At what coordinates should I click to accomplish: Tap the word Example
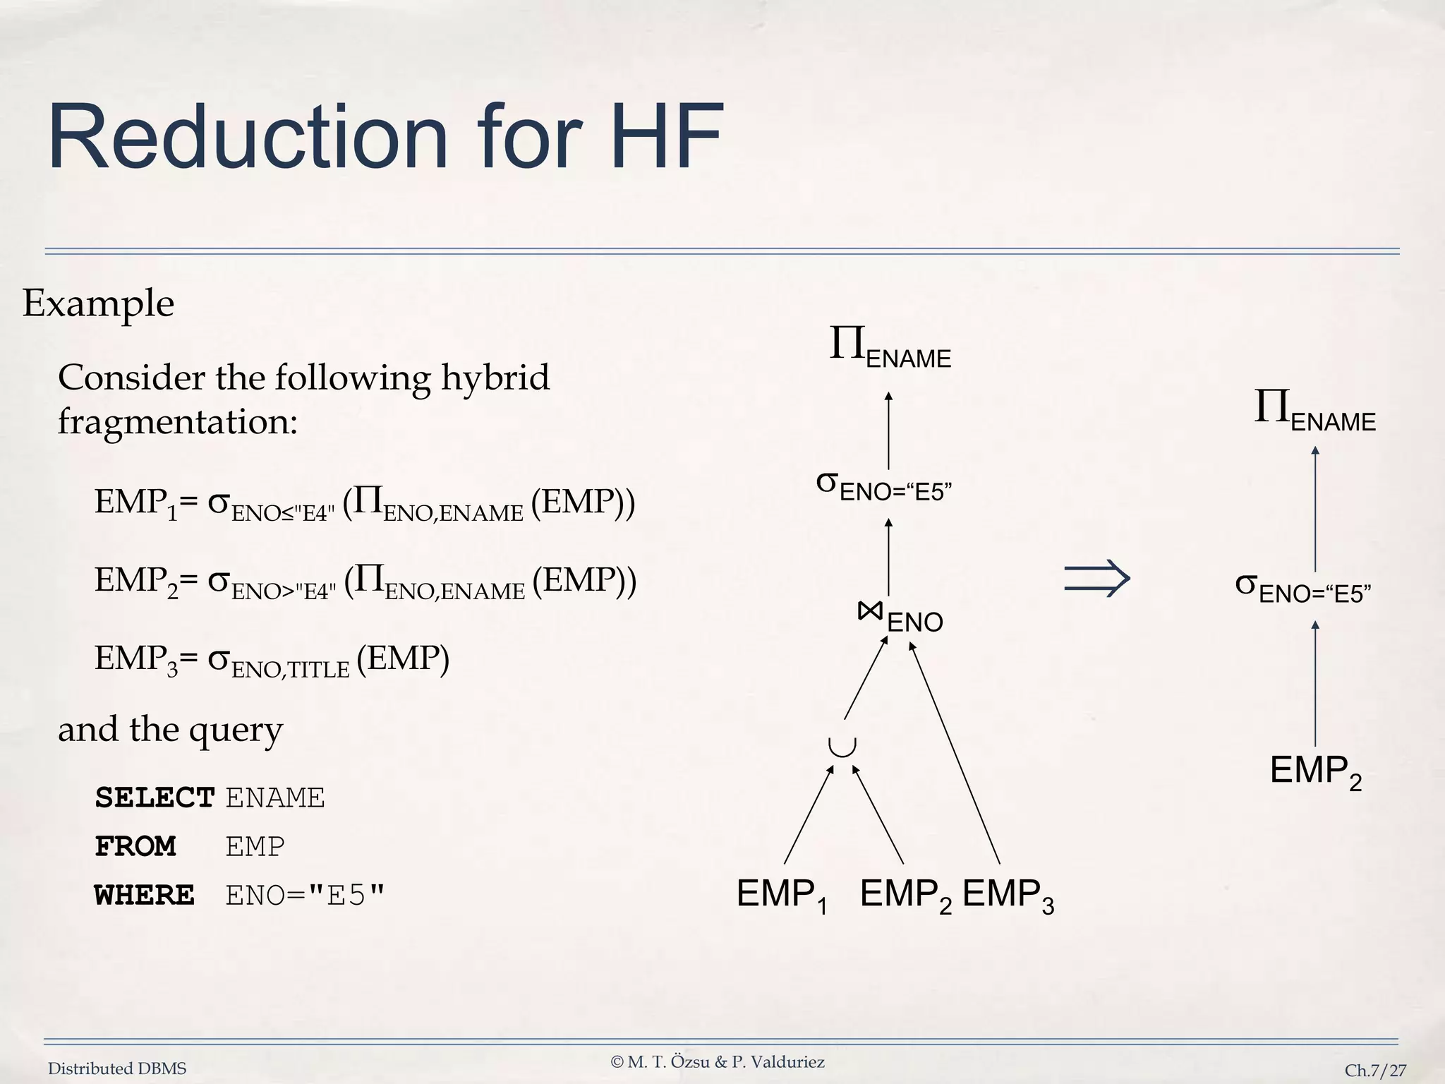(x=98, y=303)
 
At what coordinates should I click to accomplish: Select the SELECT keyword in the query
(x=155, y=798)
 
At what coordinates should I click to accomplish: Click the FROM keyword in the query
(x=135, y=846)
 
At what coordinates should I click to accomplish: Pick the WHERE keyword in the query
(x=144, y=895)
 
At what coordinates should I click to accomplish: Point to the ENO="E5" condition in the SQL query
(x=306, y=895)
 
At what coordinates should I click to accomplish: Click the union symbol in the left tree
(x=842, y=746)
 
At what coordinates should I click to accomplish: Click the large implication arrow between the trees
(x=1097, y=579)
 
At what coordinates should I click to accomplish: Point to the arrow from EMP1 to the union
(x=809, y=815)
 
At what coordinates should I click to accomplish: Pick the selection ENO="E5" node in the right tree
(x=1302, y=589)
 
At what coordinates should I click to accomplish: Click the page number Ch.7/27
(x=1374, y=1071)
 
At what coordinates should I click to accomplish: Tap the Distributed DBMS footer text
(x=117, y=1069)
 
